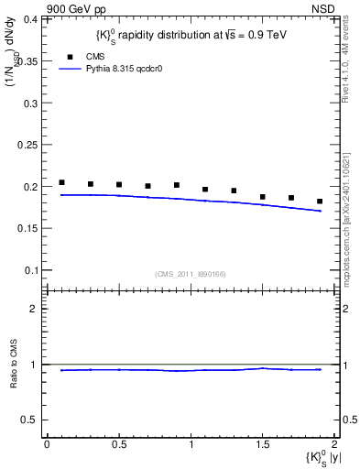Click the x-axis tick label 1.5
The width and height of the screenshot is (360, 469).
pos(263,444)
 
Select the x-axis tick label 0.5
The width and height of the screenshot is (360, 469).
pos(118,444)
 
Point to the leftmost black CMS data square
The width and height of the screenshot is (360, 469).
pos(61,182)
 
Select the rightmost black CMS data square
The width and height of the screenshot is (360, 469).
pos(320,202)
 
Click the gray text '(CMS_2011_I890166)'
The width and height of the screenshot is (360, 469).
pos(191,273)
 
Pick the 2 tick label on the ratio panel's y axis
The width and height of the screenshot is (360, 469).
pos(36,309)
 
